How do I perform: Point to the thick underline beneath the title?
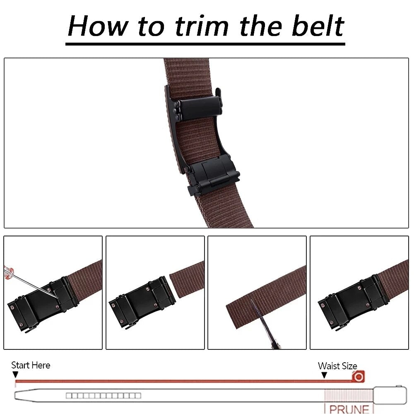pyautogui.click(x=205, y=43)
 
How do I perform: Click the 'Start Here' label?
pyautogui.click(x=31, y=365)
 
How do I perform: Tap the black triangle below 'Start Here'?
pyautogui.click(x=15, y=375)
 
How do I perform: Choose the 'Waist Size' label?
pyautogui.click(x=337, y=366)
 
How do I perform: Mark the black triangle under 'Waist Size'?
pyautogui.click(x=324, y=375)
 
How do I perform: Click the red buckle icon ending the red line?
pyautogui.click(x=358, y=377)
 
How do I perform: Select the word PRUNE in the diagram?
pyautogui.click(x=349, y=409)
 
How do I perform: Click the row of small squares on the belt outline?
pyautogui.click(x=103, y=395)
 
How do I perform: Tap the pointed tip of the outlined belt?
pyautogui.click(x=17, y=395)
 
